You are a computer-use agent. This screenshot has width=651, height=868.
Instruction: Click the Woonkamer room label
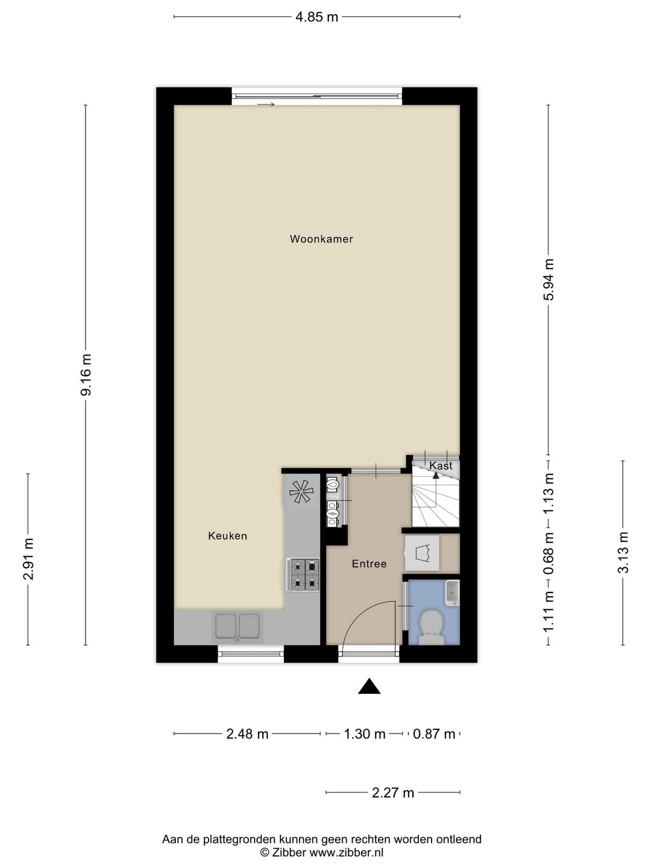(x=321, y=239)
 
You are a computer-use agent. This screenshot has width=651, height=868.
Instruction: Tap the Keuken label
(x=228, y=536)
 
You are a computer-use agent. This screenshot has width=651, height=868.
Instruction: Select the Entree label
(x=369, y=564)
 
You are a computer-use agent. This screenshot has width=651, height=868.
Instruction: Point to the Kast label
(x=441, y=465)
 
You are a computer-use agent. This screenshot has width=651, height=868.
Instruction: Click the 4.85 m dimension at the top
(x=317, y=17)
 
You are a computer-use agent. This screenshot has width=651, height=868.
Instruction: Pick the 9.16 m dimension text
(x=86, y=375)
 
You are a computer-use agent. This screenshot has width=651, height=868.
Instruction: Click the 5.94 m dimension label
(x=549, y=280)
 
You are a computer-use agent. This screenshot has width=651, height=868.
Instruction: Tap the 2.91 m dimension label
(x=28, y=559)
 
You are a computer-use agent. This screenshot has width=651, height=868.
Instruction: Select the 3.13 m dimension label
(x=623, y=552)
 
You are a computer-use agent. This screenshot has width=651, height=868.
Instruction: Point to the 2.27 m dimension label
(x=393, y=793)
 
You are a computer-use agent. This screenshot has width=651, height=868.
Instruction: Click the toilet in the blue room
(x=431, y=627)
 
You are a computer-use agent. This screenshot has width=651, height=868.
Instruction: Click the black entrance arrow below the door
(x=369, y=686)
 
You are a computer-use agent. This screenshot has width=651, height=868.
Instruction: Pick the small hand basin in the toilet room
(x=452, y=593)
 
